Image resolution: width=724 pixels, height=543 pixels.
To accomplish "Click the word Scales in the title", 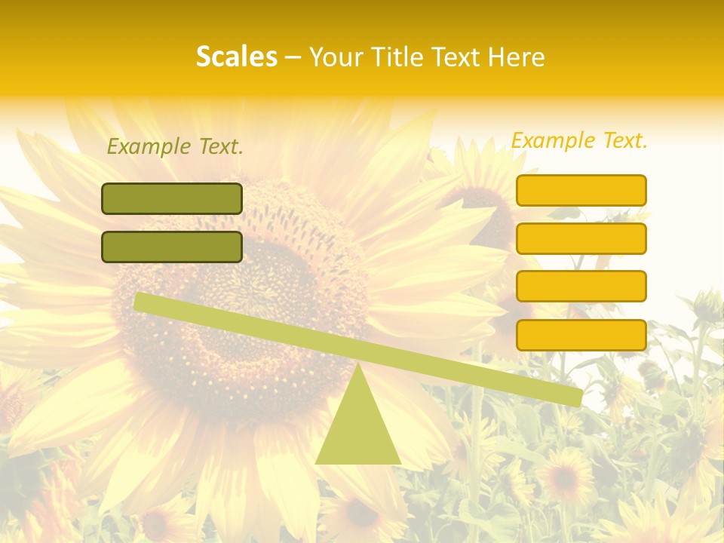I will [236, 57].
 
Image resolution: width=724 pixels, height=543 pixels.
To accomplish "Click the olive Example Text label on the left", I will [175, 147].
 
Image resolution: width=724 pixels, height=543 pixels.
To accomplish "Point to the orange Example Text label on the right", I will [579, 140].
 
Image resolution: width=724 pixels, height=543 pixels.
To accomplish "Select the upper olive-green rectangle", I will [172, 198].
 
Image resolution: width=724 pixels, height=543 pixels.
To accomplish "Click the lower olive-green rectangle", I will [172, 247].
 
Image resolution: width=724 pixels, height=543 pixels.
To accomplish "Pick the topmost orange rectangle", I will [581, 190].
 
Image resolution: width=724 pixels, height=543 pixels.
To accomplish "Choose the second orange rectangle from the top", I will [581, 238].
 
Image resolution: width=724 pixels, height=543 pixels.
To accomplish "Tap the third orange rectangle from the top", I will [581, 286].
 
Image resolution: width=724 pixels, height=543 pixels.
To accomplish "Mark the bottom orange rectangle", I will [581, 335].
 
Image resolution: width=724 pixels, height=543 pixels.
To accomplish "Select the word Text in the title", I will [456, 57].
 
